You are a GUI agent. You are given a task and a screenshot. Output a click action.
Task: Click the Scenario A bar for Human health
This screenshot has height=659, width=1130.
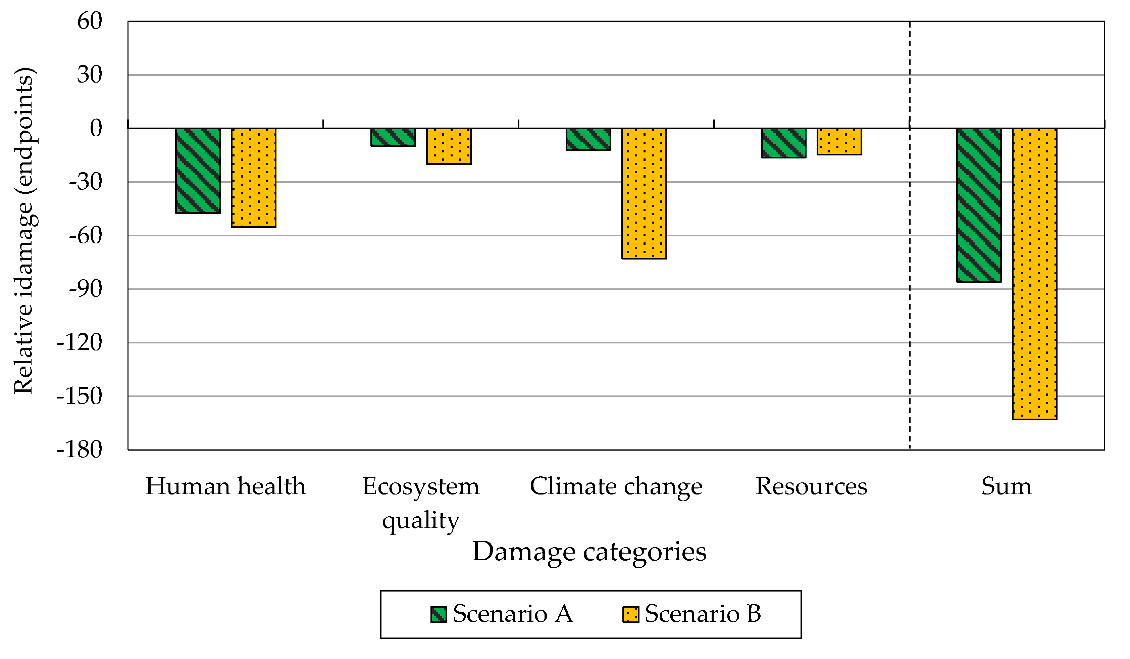click(198, 171)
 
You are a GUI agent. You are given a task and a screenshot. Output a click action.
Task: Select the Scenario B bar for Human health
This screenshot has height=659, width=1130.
click(253, 178)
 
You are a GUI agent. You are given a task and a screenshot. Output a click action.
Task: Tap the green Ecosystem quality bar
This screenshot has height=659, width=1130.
click(393, 137)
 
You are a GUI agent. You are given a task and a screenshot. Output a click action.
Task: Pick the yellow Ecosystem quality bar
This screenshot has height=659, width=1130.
click(449, 146)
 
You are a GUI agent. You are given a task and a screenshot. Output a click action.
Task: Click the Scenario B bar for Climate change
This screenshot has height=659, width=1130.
click(644, 193)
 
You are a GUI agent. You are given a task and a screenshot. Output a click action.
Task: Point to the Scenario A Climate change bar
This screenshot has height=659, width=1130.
click(588, 139)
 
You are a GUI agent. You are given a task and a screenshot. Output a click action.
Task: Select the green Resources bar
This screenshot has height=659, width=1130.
click(784, 143)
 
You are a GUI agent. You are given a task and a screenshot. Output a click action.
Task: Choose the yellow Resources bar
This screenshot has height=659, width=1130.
click(839, 142)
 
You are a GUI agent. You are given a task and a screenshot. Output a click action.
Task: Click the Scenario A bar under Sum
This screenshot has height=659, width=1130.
click(979, 205)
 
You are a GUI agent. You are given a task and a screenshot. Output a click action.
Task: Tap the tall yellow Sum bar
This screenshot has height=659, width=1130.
click(1034, 274)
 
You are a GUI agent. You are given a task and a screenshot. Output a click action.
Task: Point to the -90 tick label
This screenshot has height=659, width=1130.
click(85, 289)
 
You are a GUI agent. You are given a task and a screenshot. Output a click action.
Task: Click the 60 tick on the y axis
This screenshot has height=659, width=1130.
click(90, 21)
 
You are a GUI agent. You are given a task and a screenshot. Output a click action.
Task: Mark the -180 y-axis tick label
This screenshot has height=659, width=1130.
click(80, 450)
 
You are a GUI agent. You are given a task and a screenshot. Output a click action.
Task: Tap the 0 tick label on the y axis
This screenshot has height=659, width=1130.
click(96, 128)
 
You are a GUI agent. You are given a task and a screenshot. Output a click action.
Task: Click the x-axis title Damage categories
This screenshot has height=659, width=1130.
click(589, 552)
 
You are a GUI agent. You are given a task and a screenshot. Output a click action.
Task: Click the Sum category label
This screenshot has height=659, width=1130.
click(1006, 486)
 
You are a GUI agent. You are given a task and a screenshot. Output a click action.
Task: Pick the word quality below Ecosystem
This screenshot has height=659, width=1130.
click(421, 520)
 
